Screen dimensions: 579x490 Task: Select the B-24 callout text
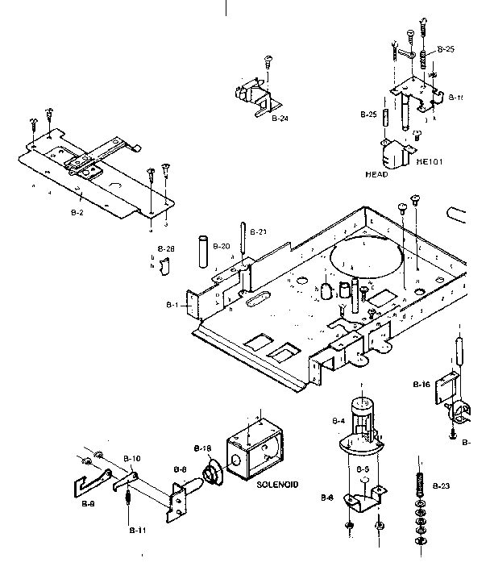coord(280,119)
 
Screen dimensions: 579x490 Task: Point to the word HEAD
coord(376,174)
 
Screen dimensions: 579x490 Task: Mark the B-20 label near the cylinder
coord(222,245)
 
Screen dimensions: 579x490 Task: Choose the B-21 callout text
coord(257,232)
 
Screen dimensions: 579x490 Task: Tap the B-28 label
coord(165,249)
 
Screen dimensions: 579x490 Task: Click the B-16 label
coord(421,385)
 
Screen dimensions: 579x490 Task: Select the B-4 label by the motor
coord(338,420)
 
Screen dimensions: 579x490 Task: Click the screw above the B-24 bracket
coord(268,60)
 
